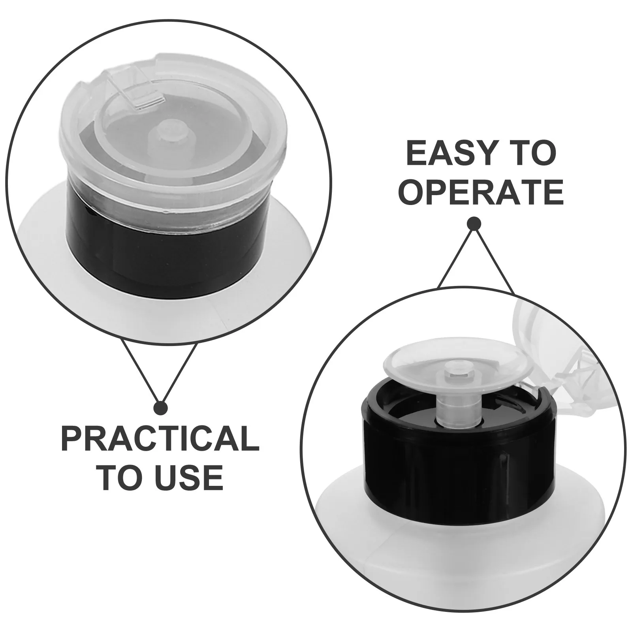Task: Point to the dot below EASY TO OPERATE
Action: click(x=474, y=224)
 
